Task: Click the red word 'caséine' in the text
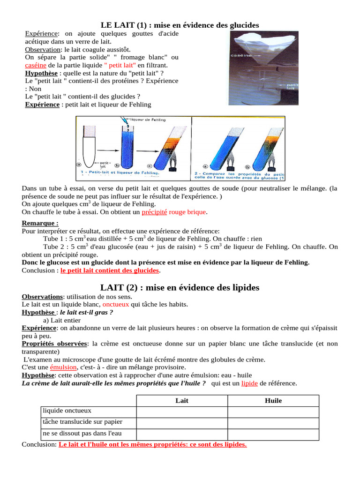36,65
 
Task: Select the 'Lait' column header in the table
182,401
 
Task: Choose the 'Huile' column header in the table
273,401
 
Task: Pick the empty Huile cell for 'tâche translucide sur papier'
273,422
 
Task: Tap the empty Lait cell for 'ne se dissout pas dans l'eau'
182,434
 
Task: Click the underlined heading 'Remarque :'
40,223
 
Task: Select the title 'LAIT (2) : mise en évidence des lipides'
180,287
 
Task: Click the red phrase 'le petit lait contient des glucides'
110,271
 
